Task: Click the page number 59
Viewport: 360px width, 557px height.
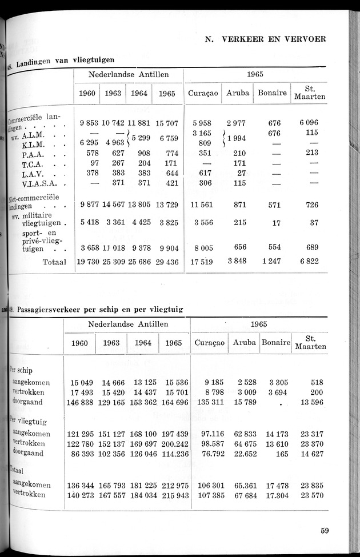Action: tap(325, 530)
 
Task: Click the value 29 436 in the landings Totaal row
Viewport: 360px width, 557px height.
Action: tap(166, 262)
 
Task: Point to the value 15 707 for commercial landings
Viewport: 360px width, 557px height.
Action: tap(166, 123)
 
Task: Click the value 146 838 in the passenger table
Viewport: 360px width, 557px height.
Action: tap(80, 403)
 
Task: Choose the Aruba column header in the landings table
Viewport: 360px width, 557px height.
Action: tap(238, 93)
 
